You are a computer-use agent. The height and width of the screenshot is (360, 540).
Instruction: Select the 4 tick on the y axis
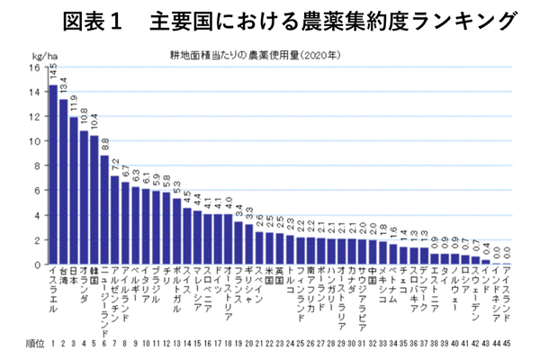[35, 215]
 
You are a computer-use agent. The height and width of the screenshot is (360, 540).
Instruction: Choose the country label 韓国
[94, 275]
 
